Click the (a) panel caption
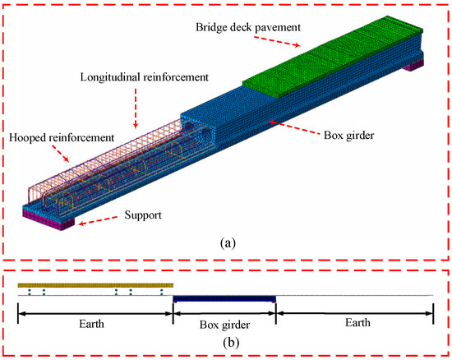pos(225,243)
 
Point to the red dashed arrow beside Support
pos(99,222)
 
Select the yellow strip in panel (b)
pos(90,283)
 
